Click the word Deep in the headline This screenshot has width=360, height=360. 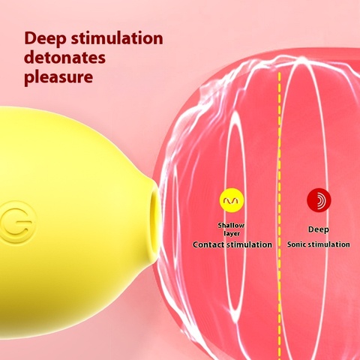tap(45, 39)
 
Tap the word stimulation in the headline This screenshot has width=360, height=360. tap(117, 38)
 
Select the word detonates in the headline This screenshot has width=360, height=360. tap(65, 58)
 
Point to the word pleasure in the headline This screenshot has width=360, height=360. tap(58, 77)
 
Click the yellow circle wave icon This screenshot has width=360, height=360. tap(232, 200)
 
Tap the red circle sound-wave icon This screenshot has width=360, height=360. tap(319, 200)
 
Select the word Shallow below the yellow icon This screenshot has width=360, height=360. tap(231, 225)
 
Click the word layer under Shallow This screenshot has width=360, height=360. tap(232, 234)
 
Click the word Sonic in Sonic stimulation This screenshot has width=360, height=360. tap(296, 244)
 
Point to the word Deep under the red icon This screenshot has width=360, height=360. tap(318, 229)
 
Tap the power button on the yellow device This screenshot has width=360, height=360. tap(16, 222)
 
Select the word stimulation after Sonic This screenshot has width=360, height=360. tap(328, 244)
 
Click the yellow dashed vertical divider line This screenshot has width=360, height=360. tap(280, 215)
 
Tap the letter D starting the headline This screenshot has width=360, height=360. tap(30, 38)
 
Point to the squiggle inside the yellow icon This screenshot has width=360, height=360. tap(232, 200)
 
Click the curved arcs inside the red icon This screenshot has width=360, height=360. tap(320, 200)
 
